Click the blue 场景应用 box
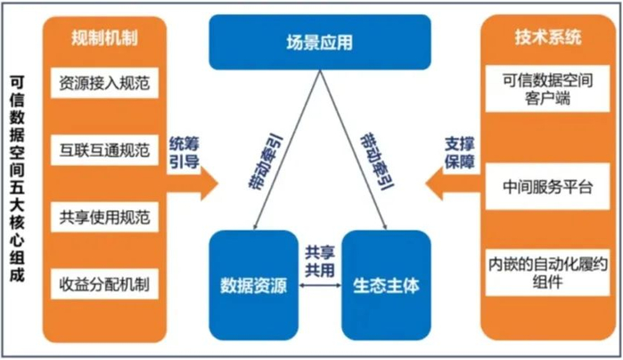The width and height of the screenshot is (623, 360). (x=319, y=41)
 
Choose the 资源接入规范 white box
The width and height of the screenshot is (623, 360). (x=104, y=85)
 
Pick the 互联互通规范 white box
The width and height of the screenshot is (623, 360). (x=104, y=147)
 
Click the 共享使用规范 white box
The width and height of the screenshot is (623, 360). (x=104, y=217)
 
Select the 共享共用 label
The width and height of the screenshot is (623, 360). (x=320, y=259)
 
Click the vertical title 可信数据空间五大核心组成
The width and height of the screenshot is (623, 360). (x=17, y=179)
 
